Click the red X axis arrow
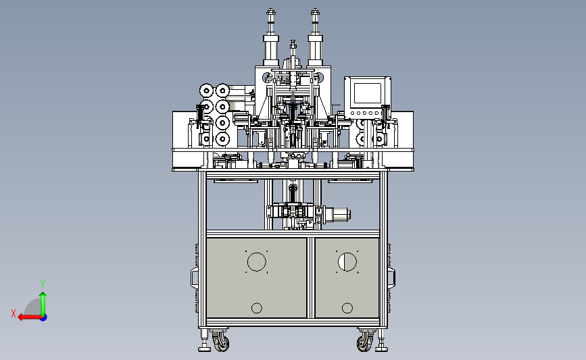click(30, 317)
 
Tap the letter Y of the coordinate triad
click(43, 284)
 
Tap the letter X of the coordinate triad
click(14, 313)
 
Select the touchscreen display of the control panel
click(368, 93)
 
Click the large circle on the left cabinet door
click(257, 262)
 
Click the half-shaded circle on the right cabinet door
click(347, 262)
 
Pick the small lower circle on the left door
click(257, 308)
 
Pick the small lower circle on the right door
click(347, 308)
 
